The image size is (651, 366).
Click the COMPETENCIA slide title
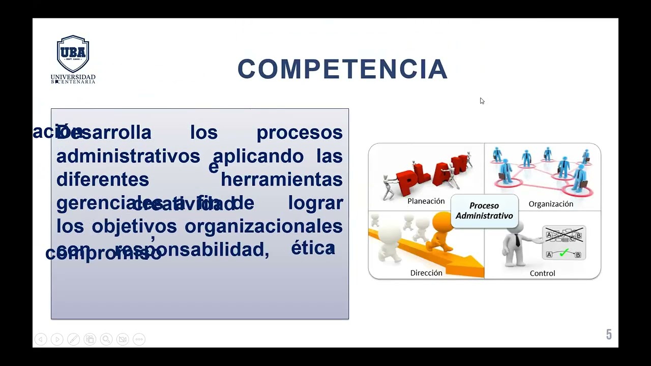pos(342,69)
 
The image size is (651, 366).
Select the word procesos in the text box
pos(299,133)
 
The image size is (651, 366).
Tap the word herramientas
pos(281,179)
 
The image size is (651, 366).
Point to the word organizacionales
pos(263,226)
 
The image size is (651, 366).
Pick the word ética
pos(313,248)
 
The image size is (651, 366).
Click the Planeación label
pos(426,201)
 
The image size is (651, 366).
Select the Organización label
pos(550,204)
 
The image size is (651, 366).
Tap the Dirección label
pos(426,273)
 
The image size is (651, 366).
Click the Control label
pos(542,273)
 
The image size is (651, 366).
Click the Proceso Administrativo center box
pos(484,210)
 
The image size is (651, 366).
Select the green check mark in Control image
pos(564,253)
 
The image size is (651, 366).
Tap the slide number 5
pos(608,334)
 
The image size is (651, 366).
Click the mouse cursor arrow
pos(482,101)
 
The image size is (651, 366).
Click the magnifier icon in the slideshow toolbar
pos(106,339)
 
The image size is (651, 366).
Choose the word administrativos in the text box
pos(128,156)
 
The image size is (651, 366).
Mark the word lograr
pos(315,203)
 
